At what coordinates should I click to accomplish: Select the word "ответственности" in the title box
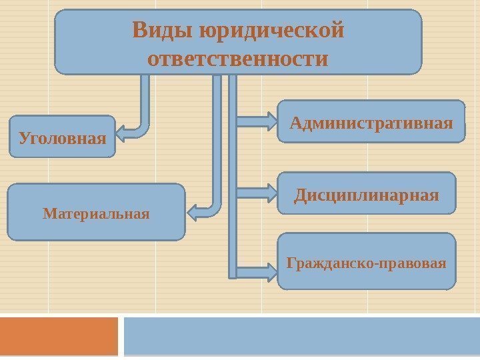[x=238, y=59]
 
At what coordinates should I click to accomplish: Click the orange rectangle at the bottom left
[x=59, y=336]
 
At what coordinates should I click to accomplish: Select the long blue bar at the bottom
[x=301, y=336]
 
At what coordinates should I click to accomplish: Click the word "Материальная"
[x=96, y=214]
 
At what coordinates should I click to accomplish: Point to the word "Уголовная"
[x=62, y=139]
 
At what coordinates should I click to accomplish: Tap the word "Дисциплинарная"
[x=367, y=195]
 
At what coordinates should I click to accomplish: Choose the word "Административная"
[x=371, y=123]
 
